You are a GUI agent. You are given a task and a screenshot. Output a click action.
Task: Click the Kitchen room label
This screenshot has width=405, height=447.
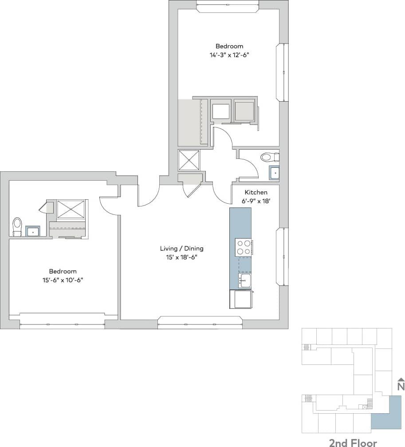tap(256, 193)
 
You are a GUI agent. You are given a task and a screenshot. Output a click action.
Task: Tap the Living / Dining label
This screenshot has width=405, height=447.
tap(182, 249)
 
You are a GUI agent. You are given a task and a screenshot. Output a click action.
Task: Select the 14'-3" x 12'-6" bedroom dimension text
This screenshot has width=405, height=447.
tap(229, 55)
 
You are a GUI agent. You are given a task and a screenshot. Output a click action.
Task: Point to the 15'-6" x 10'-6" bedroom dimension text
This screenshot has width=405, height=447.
tap(63, 280)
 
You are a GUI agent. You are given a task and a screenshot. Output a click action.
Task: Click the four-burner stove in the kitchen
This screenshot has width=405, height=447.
tap(244, 247)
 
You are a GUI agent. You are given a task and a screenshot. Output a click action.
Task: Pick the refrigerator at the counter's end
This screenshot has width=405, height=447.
tap(240, 299)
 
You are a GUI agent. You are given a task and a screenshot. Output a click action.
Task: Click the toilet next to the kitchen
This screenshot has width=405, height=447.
tap(269, 157)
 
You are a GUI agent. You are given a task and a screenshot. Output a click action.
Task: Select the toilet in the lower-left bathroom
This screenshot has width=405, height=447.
tap(17, 226)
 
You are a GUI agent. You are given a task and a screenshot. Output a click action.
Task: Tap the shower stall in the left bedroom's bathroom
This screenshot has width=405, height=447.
tap(71, 209)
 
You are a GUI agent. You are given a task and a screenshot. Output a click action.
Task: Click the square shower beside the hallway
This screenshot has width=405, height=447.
tap(189, 160)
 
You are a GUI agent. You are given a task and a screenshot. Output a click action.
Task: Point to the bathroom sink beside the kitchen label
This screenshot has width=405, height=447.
tap(275, 172)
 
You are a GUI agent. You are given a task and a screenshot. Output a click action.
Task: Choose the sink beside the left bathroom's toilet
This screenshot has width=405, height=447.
tap(33, 231)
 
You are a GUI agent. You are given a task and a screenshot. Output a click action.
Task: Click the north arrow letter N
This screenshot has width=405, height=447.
tap(401, 386)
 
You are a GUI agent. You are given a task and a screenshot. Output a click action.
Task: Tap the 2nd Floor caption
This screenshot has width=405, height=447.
tap(353, 443)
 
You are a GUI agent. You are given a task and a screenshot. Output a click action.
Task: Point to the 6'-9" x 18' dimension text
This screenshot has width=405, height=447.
tap(256, 201)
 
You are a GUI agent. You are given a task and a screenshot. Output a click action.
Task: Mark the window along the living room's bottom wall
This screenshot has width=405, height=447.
tap(200, 322)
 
